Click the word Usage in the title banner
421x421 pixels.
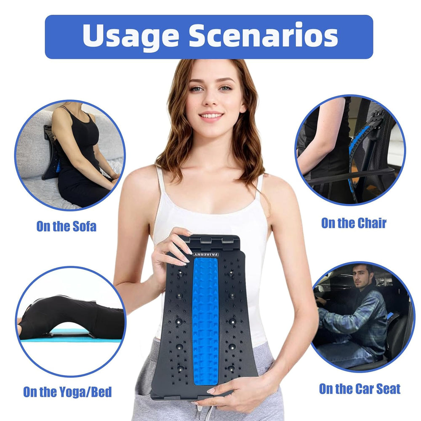(x=131, y=37)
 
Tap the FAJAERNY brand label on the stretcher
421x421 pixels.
(x=206, y=254)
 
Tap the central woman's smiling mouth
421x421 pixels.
(x=211, y=116)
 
